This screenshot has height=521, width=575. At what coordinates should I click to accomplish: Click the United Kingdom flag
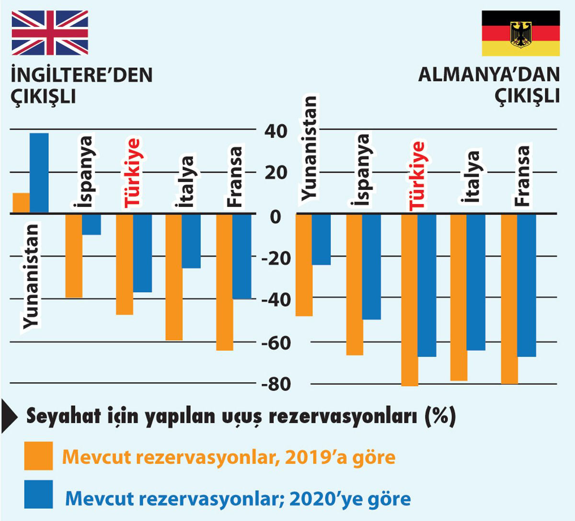[x=50, y=33]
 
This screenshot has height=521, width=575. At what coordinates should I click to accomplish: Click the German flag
[x=520, y=33]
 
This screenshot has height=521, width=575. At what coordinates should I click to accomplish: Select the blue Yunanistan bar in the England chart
[x=39, y=173]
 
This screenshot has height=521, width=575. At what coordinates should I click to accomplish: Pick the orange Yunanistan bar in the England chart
[x=21, y=203]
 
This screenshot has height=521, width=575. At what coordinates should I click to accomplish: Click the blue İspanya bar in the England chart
[x=91, y=225]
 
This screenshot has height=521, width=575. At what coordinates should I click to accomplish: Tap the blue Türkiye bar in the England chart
[x=142, y=253]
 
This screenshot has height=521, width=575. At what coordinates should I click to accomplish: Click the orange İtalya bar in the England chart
[x=173, y=277]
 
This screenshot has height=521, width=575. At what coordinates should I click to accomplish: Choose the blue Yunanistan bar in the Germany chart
[x=321, y=239]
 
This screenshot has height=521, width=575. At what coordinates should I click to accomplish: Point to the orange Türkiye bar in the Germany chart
[x=410, y=300]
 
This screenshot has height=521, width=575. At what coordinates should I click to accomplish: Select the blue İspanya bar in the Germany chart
[x=372, y=267]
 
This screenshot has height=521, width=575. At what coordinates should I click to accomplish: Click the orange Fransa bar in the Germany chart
[x=509, y=298]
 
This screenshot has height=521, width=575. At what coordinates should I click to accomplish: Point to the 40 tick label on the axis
[x=276, y=130]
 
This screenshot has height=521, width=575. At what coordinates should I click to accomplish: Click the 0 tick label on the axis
[x=275, y=216]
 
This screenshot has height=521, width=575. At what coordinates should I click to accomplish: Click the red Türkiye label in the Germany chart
[x=417, y=175]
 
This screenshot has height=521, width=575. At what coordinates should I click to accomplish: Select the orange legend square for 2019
[x=38, y=456]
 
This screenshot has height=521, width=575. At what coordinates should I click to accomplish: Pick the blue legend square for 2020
[x=38, y=495]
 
